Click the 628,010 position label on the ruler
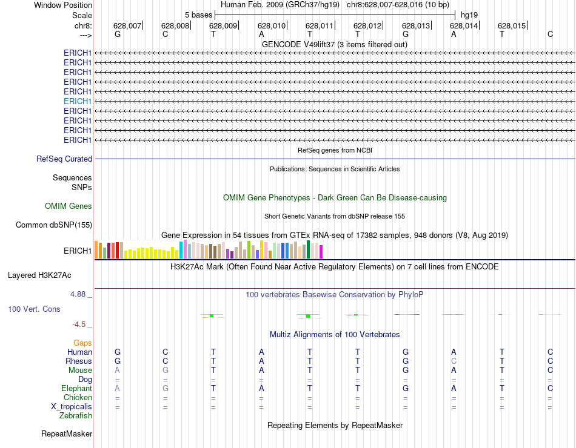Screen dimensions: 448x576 (271, 25)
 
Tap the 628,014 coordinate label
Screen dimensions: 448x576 (463, 25)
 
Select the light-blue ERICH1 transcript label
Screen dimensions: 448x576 (78, 101)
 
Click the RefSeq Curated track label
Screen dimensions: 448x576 (64, 159)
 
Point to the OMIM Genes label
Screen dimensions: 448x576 (69, 206)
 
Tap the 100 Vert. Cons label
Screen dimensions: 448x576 (34, 309)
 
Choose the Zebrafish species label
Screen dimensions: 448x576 (76, 416)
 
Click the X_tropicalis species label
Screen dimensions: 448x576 (72, 407)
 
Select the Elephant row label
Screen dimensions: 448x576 (76, 389)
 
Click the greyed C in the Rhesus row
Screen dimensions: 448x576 (453, 361)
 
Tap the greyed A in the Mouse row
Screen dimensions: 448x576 (118, 371)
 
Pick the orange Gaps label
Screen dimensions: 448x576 (82, 343)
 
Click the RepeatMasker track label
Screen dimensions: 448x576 (67, 434)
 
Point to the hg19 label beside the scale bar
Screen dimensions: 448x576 (468, 15)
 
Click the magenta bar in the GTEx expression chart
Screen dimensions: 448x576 (321, 252)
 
